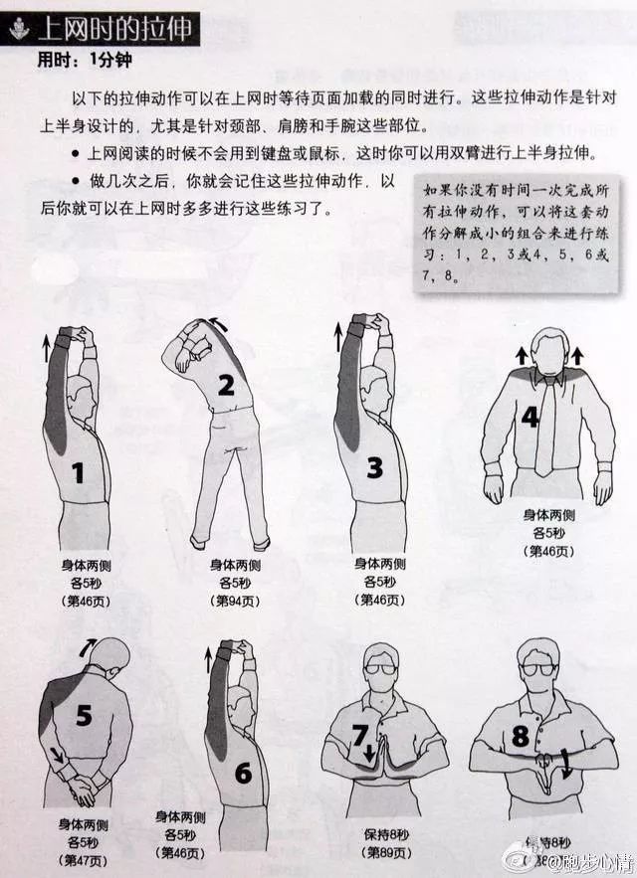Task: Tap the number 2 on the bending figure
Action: pyautogui.click(x=226, y=385)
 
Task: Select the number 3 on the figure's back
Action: pyautogui.click(x=374, y=467)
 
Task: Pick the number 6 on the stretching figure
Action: pyautogui.click(x=243, y=771)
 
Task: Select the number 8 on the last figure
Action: pyautogui.click(x=519, y=739)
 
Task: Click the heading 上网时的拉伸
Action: pyautogui.click(x=114, y=27)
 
